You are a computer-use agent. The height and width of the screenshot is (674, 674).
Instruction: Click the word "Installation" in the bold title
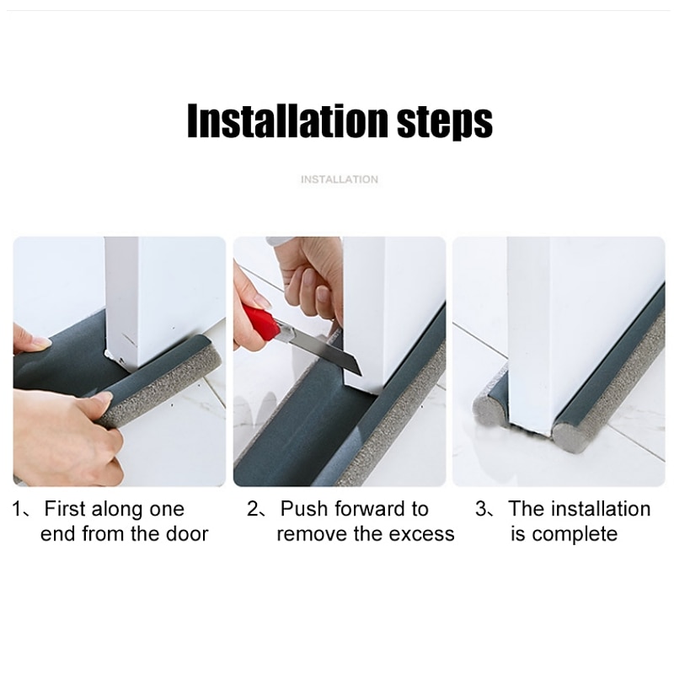point(287,120)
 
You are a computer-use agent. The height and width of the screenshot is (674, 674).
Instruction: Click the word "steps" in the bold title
point(445,122)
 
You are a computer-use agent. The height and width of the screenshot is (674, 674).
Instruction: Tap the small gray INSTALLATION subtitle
point(340,179)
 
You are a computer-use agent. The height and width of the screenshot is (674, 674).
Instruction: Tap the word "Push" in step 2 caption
point(303,509)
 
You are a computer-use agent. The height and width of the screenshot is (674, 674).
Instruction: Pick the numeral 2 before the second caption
point(253,509)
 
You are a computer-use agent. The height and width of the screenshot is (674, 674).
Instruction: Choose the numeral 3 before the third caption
point(480,509)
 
